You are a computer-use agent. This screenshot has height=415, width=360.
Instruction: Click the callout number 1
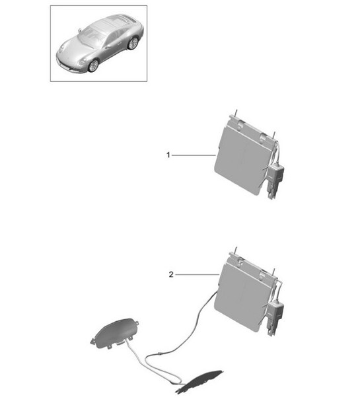[168, 155]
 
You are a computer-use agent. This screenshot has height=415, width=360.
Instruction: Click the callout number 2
[171, 274]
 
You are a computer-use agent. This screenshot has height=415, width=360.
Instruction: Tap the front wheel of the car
[93, 65]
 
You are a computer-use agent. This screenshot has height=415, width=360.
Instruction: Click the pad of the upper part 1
[242, 157]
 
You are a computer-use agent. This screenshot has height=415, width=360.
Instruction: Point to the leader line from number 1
[193, 155]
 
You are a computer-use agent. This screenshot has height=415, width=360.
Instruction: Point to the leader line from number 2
[196, 274]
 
